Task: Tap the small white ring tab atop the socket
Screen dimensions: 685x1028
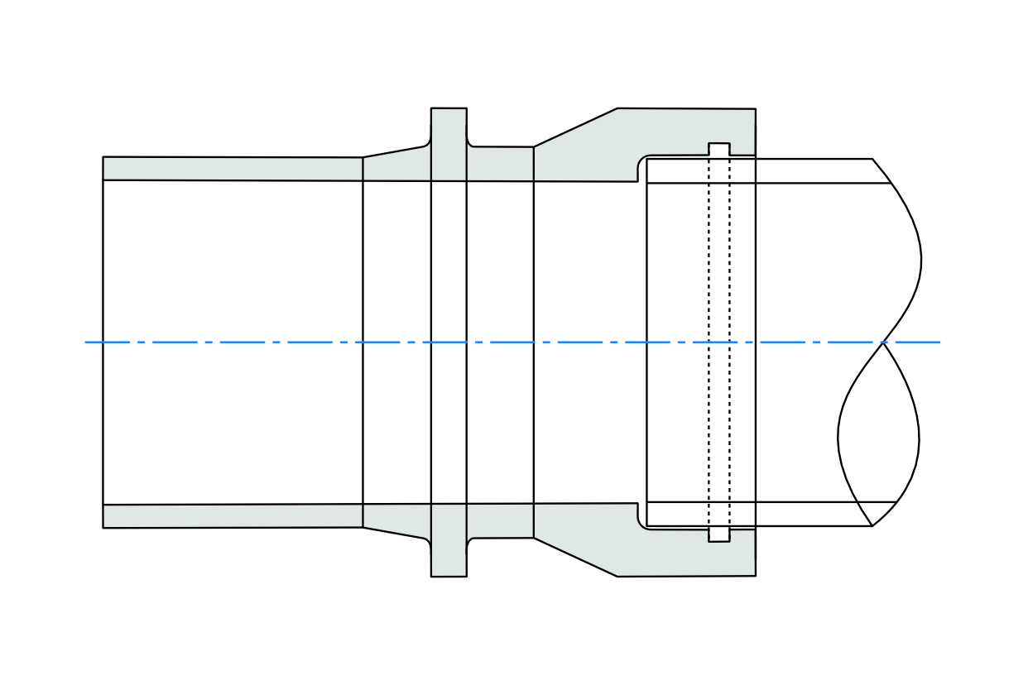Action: pos(719,149)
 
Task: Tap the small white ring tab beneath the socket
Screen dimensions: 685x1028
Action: pos(719,535)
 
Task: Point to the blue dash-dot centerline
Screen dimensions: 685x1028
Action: pos(248,342)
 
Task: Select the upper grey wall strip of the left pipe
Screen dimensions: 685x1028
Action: pos(232,168)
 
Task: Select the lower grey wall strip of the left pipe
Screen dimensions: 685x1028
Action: pos(232,516)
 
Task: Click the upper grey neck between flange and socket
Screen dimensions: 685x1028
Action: pos(500,163)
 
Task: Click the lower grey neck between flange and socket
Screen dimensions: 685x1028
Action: pos(500,520)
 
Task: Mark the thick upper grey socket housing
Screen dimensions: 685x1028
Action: pos(629,141)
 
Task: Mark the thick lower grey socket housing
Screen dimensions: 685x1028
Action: pos(629,546)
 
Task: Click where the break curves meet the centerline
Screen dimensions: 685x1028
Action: pos(883,342)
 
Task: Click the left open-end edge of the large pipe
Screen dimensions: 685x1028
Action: pos(103,342)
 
